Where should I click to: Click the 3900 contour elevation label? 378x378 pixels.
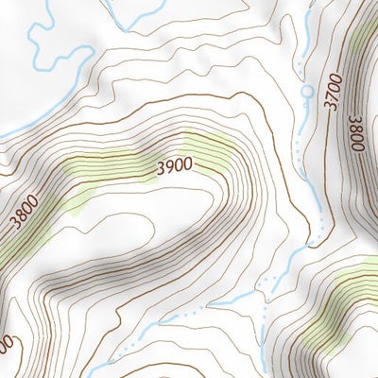pyautogui.click(x=175, y=164)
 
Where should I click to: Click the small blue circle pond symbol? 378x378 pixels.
pyautogui.click(x=306, y=92)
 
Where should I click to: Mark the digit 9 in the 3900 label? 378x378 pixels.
pyautogui.click(x=169, y=165)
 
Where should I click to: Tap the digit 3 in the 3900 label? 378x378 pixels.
pyautogui.click(x=161, y=167)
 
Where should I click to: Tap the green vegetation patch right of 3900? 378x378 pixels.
pyautogui.click(x=208, y=151)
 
